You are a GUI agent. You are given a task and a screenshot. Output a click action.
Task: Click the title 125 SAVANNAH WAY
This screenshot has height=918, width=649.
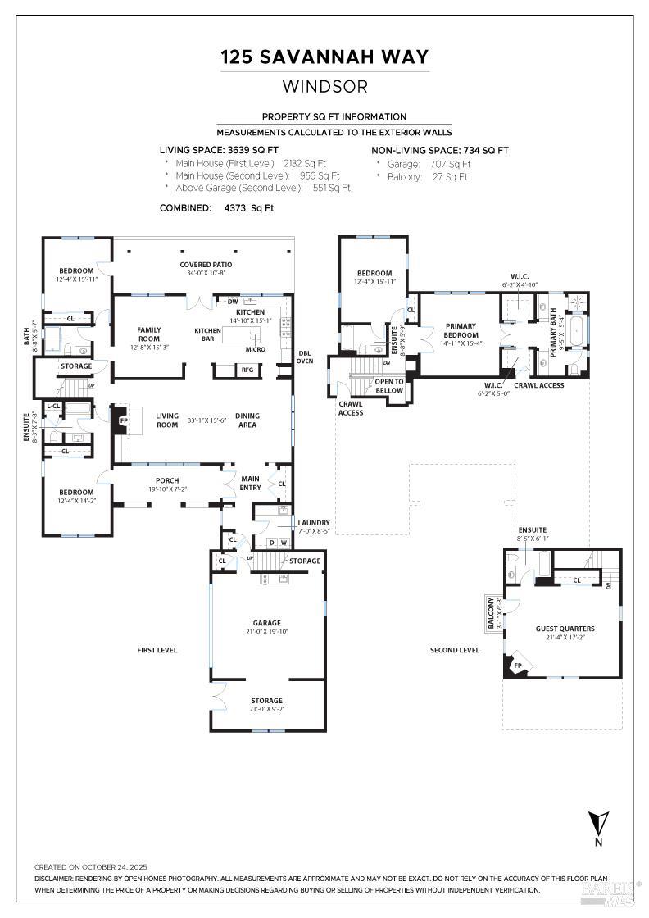click(x=324, y=57)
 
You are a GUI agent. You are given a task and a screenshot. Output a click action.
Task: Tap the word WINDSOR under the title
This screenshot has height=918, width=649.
click(x=324, y=86)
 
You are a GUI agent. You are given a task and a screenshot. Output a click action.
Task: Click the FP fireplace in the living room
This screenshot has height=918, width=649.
click(x=124, y=420)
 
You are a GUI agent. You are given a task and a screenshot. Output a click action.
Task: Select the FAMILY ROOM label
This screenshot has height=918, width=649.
click(x=148, y=334)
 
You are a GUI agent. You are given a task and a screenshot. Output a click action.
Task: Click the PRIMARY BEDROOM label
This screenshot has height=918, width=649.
click(x=461, y=329)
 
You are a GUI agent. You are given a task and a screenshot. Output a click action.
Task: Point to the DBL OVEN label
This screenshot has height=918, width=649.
click(x=305, y=357)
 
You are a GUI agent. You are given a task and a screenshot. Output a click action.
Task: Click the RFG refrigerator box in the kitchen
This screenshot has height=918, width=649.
click(x=247, y=370)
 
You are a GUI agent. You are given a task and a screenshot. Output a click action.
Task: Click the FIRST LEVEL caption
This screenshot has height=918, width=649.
click(x=157, y=650)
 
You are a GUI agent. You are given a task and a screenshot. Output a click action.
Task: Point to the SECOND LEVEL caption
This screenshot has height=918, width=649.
click(x=454, y=650)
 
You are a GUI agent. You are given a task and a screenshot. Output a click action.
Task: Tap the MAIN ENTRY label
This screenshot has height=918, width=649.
click(x=250, y=483)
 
